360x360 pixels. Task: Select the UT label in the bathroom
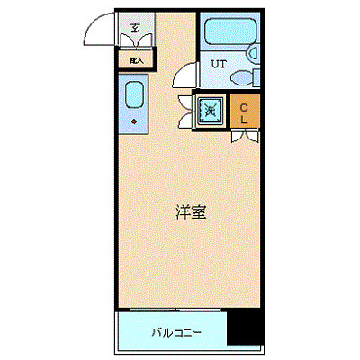(219, 64)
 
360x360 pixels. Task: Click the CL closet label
(244, 112)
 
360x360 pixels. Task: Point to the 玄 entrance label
(135, 28)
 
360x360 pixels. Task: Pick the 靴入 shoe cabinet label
(136, 59)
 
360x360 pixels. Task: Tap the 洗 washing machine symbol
(210, 111)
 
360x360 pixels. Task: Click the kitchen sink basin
(134, 94)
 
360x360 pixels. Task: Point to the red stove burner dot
(134, 119)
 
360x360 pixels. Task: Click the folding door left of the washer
(186, 112)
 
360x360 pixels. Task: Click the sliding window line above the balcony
(171, 310)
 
